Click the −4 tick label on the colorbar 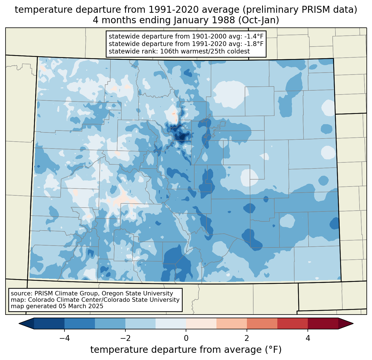click(x=64, y=338)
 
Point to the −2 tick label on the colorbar click(x=125, y=338)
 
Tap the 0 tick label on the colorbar click(x=186, y=338)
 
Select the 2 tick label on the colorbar click(x=247, y=338)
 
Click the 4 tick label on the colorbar click(x=308, y=338)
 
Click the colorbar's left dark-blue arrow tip click(x=19, y=323)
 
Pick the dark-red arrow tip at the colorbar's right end click(x=353, y=323)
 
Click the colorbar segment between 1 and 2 click(x=231, y=323)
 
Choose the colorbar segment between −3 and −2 click(x=110, y=323)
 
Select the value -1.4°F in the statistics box click(x=254, y=36)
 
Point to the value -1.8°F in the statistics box click(x=254, y=44)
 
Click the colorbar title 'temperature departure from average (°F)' click(x=186, y=350)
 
